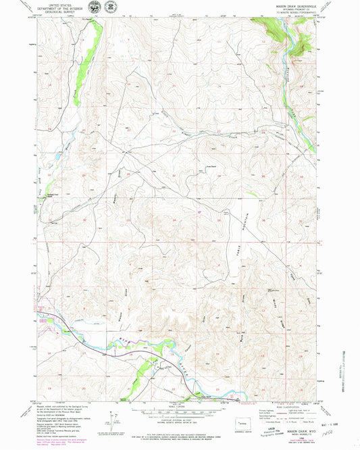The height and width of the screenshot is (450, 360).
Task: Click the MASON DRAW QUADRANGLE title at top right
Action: pos(291,5)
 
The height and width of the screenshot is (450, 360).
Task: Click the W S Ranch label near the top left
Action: pos(85,20)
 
